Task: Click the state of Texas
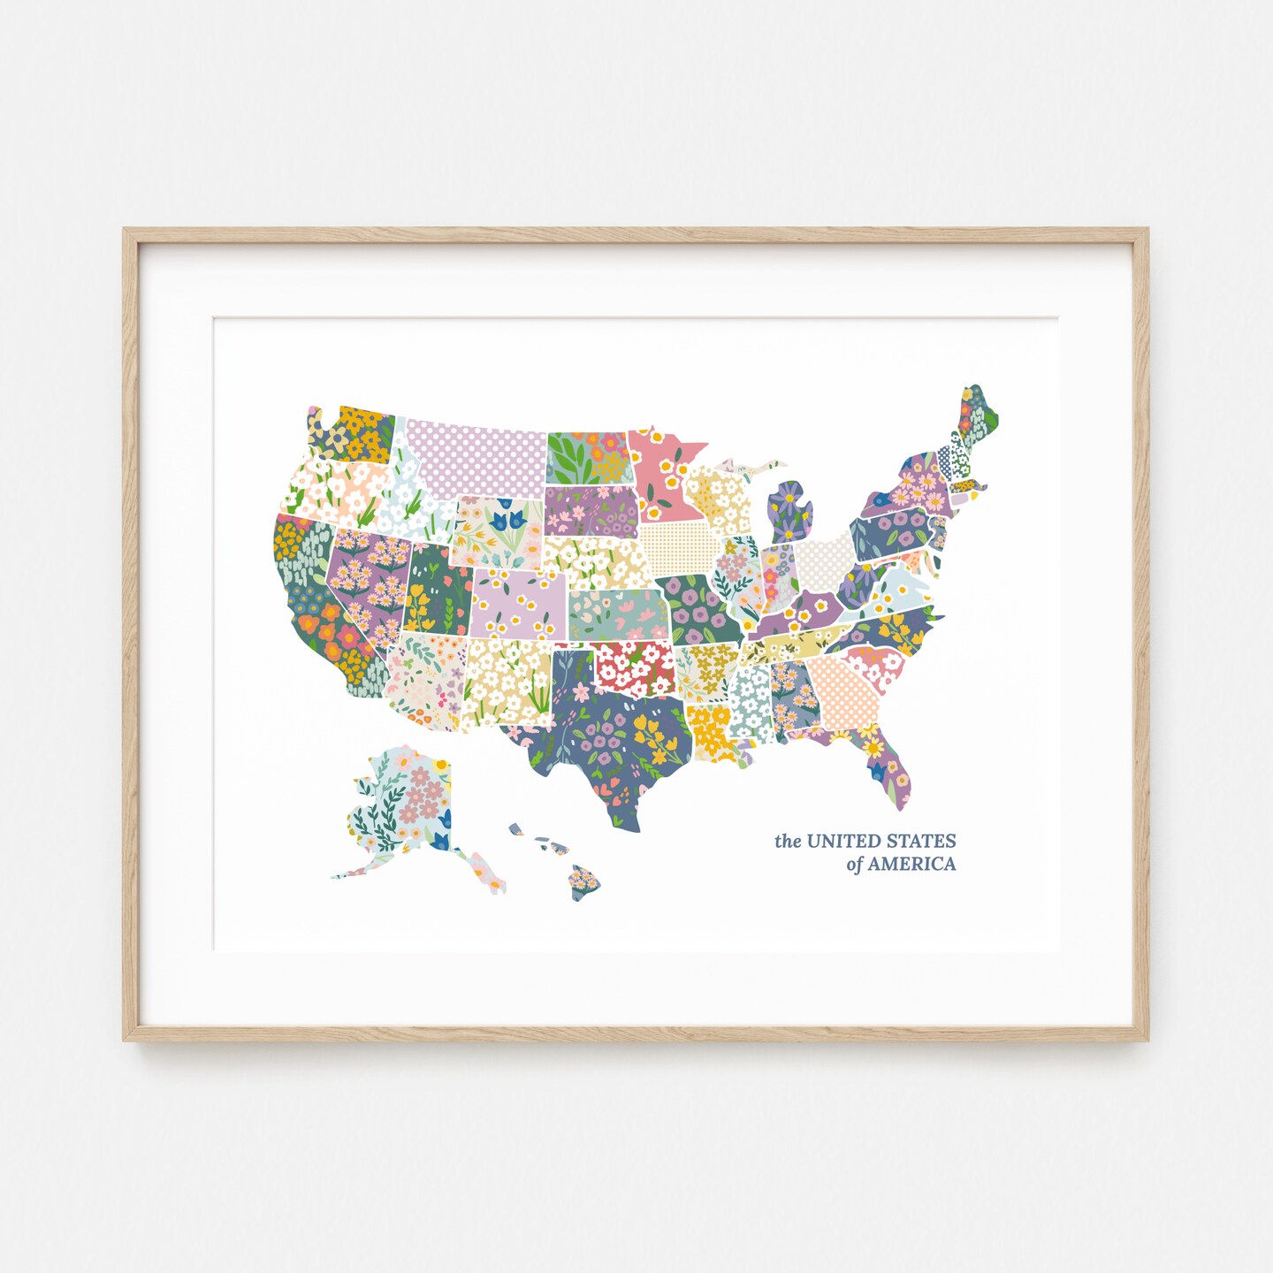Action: (610, 743)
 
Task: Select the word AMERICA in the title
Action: (911, 864)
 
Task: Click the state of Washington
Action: (354, 433)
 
